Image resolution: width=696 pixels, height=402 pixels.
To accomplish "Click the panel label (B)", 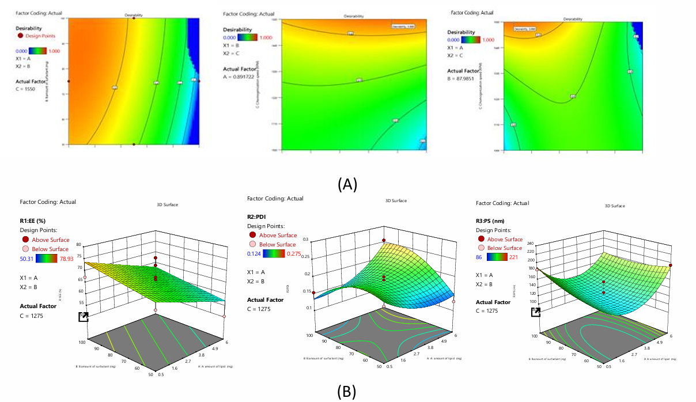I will click(x=346, y=392).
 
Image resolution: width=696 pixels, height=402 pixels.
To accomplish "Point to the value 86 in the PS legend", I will click(x=480, y=257).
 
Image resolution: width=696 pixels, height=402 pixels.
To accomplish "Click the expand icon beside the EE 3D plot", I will click(x=84, y=317).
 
